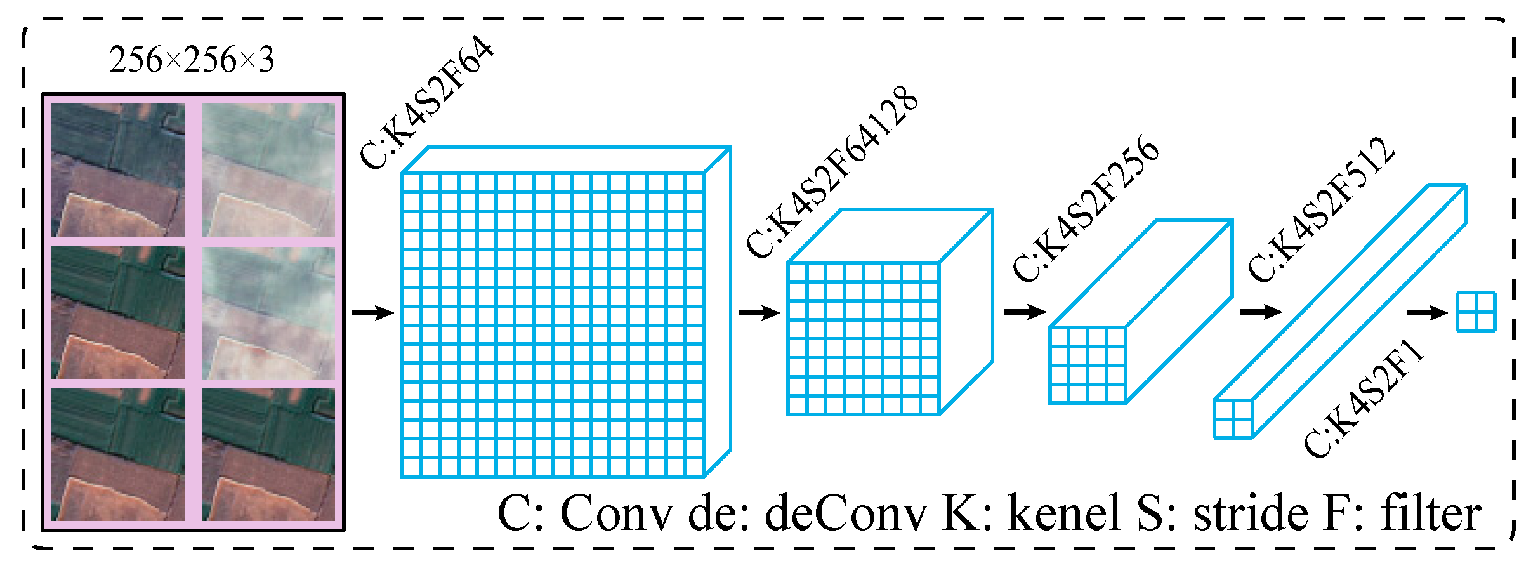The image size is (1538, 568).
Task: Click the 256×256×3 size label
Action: [192, 60]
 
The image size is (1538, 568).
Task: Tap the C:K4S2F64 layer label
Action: [426, 103]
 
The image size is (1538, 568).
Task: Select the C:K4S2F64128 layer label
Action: [831, 172]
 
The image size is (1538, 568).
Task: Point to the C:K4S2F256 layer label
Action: [1086, 209]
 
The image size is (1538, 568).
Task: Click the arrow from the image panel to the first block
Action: [373, 313]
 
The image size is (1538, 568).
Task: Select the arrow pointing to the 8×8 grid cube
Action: [759, 313]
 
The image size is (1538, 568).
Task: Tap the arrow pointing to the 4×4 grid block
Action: [1025, 312]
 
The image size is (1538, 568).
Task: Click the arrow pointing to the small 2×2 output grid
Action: [1427, 313]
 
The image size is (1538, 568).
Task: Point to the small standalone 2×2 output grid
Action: [1476, 312]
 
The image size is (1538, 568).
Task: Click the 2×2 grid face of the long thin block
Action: [1233, 419]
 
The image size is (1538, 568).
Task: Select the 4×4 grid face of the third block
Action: [1088, 365]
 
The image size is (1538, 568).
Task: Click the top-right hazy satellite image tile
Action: [268, 170]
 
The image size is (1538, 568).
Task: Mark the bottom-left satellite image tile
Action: [118, 454]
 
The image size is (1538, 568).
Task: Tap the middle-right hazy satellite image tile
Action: [268, 313]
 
